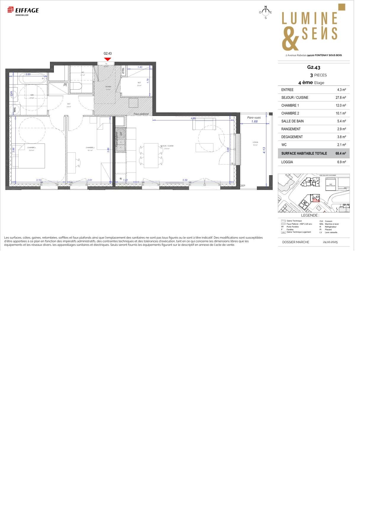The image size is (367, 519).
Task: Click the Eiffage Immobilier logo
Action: point(23,11)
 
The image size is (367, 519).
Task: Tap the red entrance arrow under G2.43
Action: point(108,59)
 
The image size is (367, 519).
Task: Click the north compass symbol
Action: point(265,12)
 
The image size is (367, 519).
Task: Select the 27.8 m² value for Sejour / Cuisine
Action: point(341,98)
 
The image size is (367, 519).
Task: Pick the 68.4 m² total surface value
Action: point(341,154)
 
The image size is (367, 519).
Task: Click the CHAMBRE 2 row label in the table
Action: point(290,113)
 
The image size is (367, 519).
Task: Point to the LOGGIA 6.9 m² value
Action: point(341,162)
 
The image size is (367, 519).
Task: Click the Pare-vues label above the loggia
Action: point(254,117)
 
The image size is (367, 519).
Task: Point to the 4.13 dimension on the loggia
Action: point(264,150)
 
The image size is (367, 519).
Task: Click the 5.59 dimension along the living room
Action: point(185,180)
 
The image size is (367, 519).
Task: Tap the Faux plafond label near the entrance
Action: point(141,114)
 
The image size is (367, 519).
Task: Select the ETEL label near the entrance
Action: point(123,71)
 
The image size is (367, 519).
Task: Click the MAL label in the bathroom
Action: point(15,110)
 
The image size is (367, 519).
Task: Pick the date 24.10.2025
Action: point(330,242)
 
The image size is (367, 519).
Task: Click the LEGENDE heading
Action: point(310,215)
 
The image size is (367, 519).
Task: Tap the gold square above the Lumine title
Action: point(342,7)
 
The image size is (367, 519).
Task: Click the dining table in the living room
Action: point(151,155)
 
